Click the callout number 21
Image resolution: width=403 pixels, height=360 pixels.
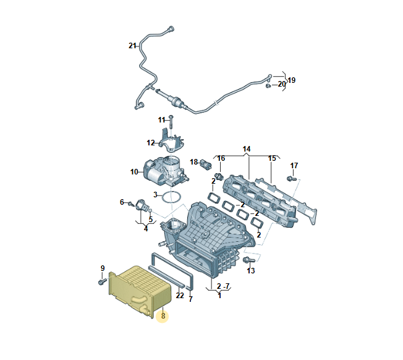tap(132, 46)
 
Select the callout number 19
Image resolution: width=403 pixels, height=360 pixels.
tap(292, 80)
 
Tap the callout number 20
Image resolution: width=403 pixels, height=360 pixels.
tap(281, 84)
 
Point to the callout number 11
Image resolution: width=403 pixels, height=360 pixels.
tap(161, 119)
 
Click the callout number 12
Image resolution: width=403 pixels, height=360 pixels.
tap(151, 143)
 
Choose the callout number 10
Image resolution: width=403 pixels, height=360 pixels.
tap(134, 172)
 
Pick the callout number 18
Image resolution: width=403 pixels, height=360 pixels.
tap(193, 162)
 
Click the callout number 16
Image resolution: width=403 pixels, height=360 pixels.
tap(221, 158)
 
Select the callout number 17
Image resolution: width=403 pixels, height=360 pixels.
tap(294, 166)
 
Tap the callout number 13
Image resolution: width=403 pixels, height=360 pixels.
tap(251, 271)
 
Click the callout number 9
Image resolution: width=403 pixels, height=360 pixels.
tap(103, 268)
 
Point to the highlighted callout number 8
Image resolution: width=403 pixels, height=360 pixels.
tap(163, 316)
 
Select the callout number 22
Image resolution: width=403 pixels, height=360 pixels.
tap(180, 296)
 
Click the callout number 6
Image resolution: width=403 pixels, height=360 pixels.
tap(122, 202)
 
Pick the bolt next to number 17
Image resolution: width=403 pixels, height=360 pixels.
tap(291, 179)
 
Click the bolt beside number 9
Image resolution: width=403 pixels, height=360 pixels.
tap(101, 281)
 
